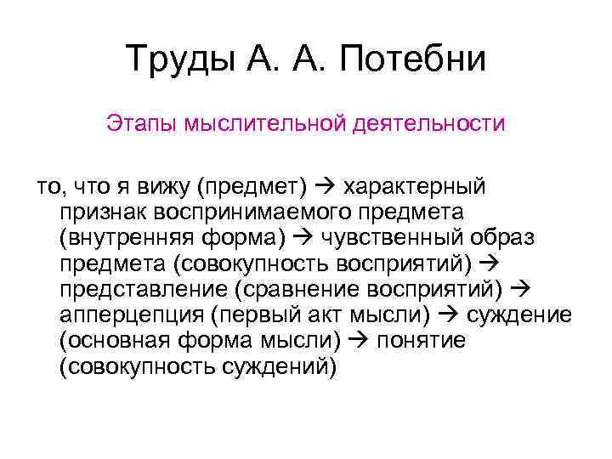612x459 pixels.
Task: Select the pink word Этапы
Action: tap(133, 124)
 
